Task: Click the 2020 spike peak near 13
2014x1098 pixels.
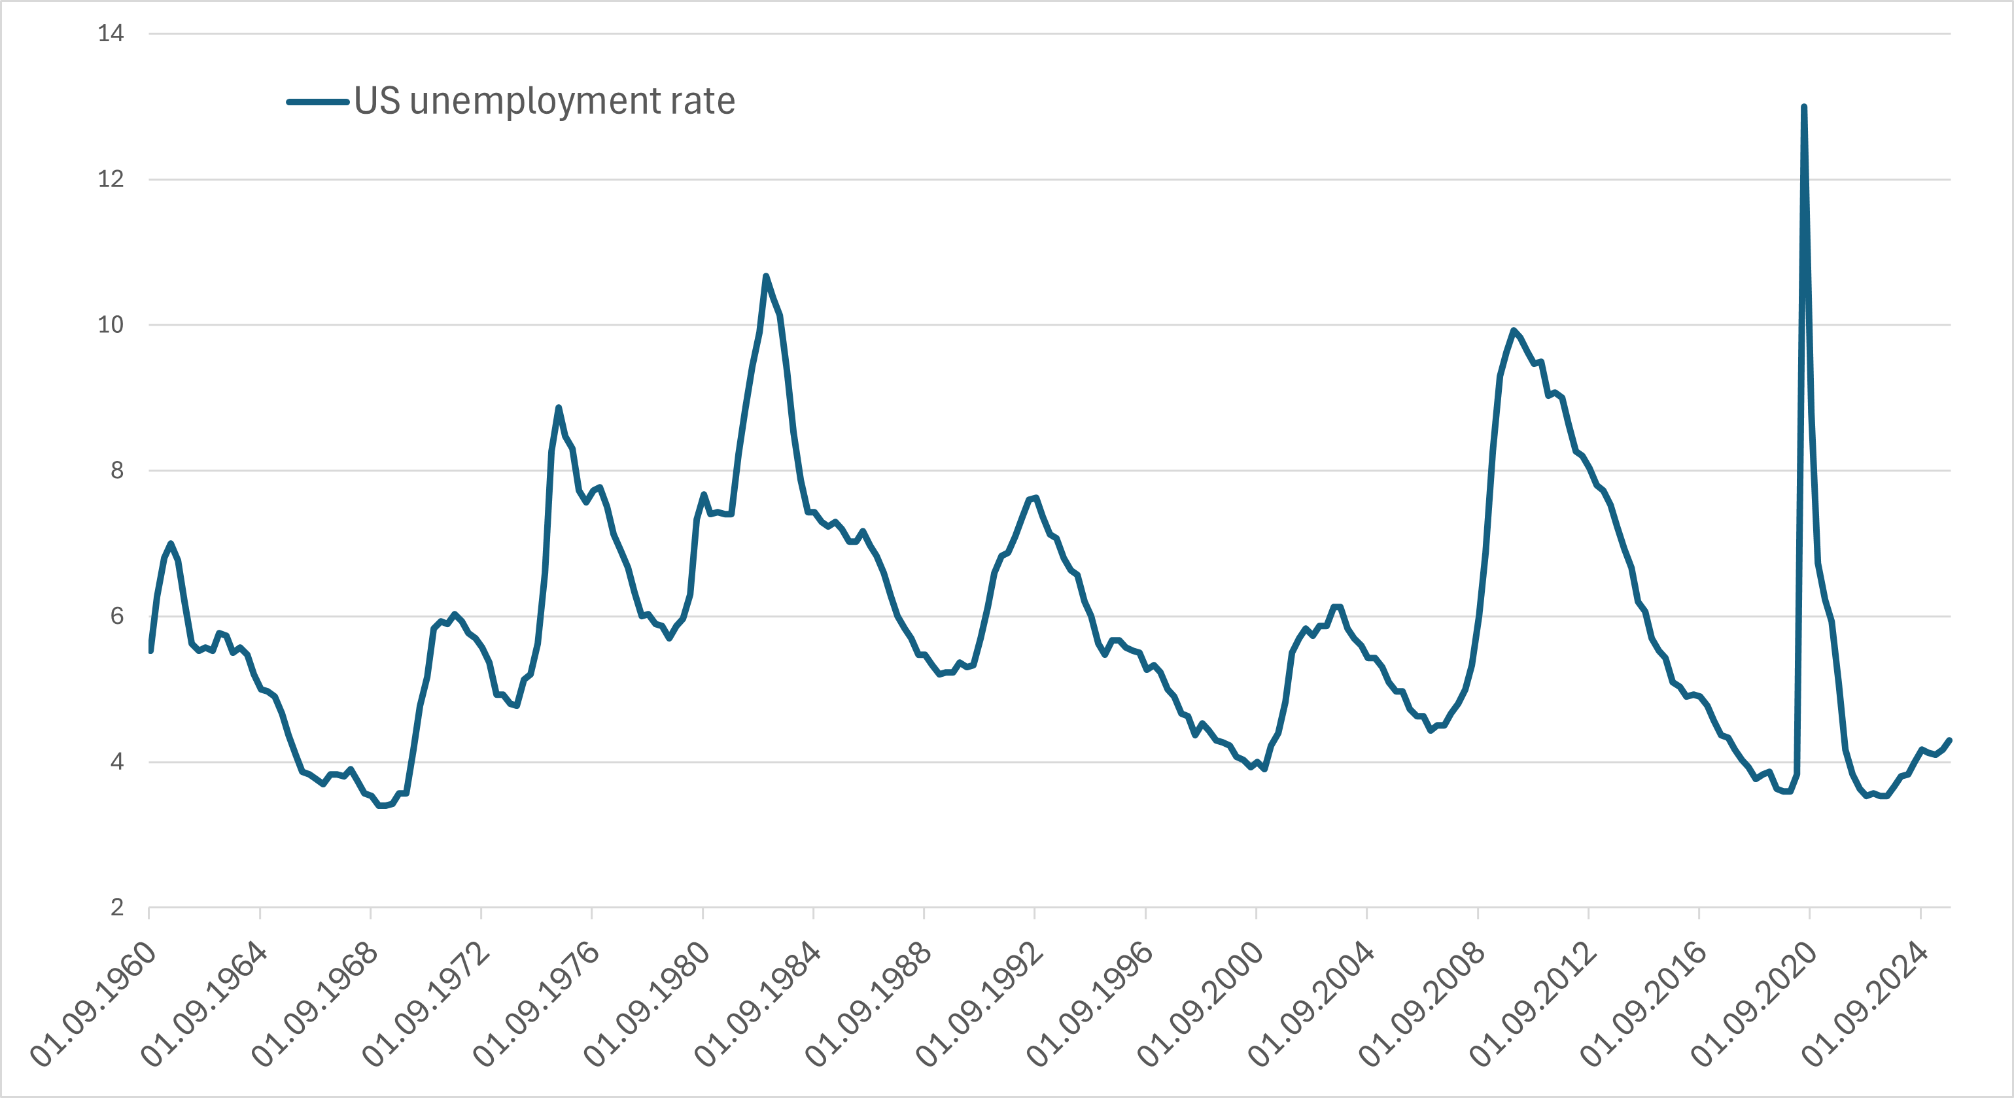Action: pyautogui.click(x=1803, y=107)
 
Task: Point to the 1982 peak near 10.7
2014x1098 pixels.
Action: pyautogui.click(x=765, y=276)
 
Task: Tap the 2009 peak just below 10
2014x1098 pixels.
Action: pyautogui.click(x=1513, y=330)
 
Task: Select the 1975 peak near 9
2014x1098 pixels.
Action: pyautogui.click(x=558, y=408)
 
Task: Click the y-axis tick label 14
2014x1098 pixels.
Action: pyautogui.click(x=111, y=33)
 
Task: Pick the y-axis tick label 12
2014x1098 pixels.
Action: pyautogui.click(x=111, y=179)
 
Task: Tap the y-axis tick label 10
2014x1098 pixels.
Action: pyautogui.click(x=111, y=324)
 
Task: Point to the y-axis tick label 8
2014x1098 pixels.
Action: pyautogui.click(x=116, y=470)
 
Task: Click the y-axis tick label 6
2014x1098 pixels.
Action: pyautogui.click(x=116, y=616)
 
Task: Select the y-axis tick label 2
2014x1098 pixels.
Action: pyautogui.click(x=116, y=907)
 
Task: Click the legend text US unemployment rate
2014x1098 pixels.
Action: pyautogui.click(x=544, y=101)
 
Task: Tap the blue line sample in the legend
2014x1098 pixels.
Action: pyautogui.click(x=317, y=101)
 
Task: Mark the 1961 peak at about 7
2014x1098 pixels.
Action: pyautogui.click(x=171, y=543)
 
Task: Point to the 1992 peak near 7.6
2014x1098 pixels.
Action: pyautogui.click(x=1035, y=497)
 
